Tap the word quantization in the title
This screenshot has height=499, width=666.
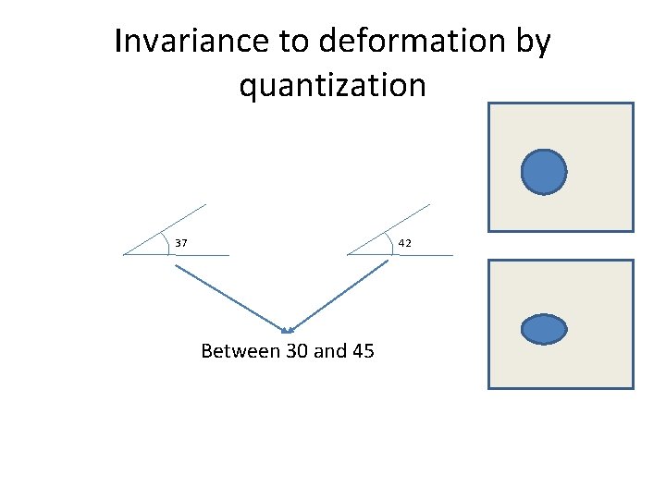coord(333,85)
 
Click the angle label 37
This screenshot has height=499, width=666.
coord(182,243)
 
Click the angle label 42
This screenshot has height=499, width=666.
coord(405,243)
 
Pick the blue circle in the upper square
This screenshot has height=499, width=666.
coord(544,173)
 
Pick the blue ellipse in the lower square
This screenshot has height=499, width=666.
coord(544,329)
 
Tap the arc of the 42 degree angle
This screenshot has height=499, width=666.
coord(391,242)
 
